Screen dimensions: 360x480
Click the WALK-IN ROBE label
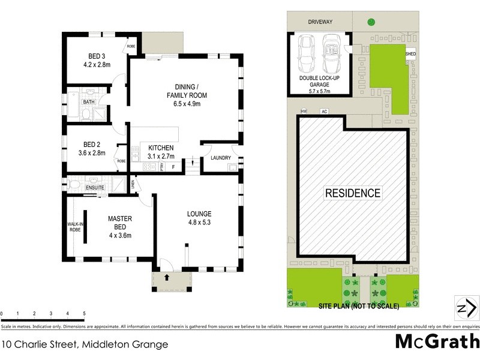point(74,227)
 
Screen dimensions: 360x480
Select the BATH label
point(89,102)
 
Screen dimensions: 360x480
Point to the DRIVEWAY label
point(320,22)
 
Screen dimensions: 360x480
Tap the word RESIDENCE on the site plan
point(353,193)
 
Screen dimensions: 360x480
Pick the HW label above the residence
point(304,112)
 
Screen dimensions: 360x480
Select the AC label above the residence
point(324,112)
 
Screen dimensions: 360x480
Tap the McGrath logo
point(437,341)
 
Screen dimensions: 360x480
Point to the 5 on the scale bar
point(84,314)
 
